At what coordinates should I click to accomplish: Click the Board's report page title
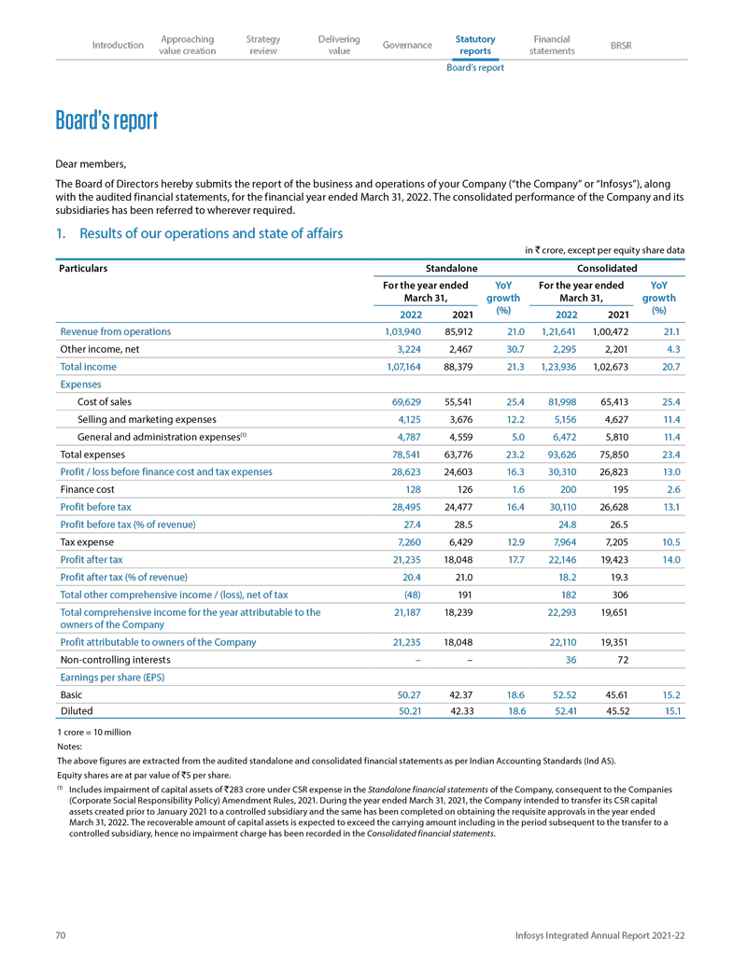point(106,121)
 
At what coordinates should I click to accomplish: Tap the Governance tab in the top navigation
point(407,45)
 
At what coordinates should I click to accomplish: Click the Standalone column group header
point(452,269)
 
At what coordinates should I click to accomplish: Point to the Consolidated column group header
point(610,269)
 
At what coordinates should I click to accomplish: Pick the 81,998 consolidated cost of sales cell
point(558,401)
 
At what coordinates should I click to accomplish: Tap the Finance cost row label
point(89,489)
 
